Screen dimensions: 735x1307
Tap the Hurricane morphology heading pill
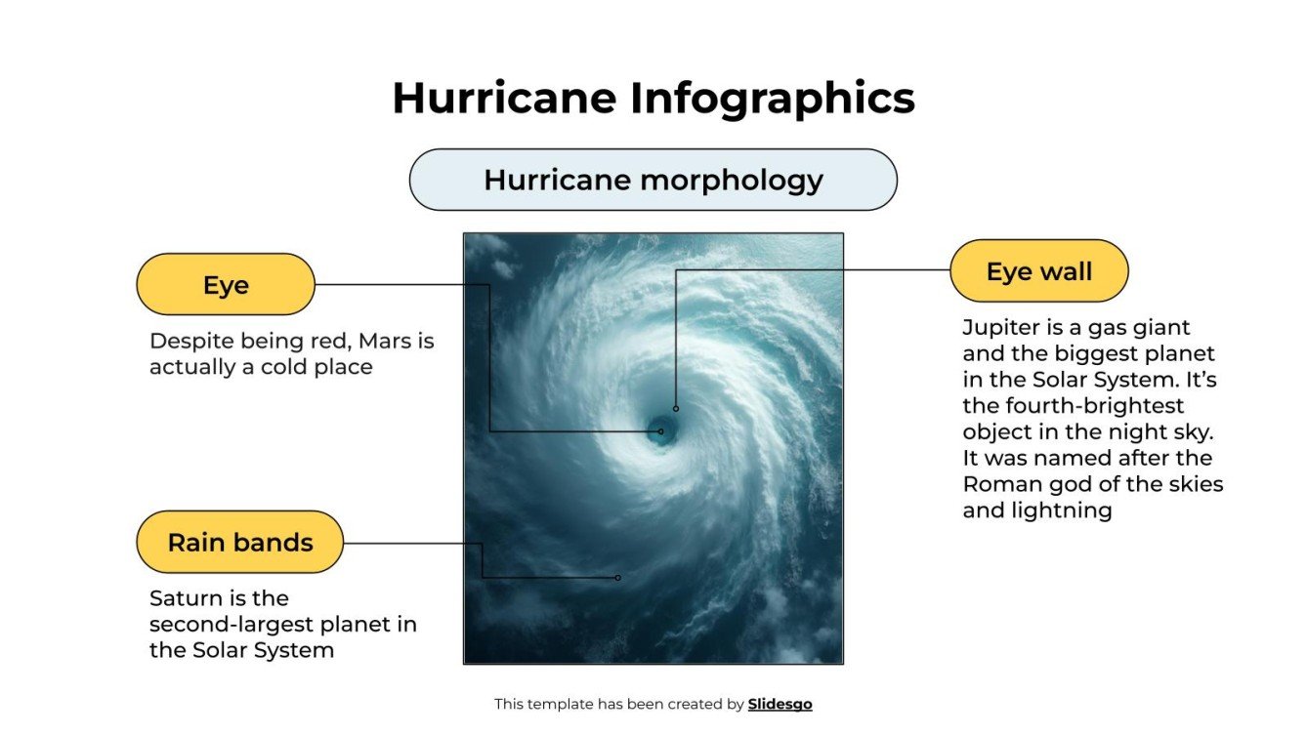tap(653, 180)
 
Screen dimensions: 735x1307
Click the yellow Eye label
tap(226, 285)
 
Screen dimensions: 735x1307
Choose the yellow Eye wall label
tap(1038, 271)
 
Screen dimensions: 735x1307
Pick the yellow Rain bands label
tap(240, 542)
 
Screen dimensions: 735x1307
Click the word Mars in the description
tap(380, 342)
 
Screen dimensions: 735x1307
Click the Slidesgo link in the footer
tap(780, 704)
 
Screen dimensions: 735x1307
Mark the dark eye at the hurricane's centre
tap(661, 429)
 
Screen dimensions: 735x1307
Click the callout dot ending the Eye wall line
tap(675, 408)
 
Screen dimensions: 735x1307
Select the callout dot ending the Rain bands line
tap(617, 578)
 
